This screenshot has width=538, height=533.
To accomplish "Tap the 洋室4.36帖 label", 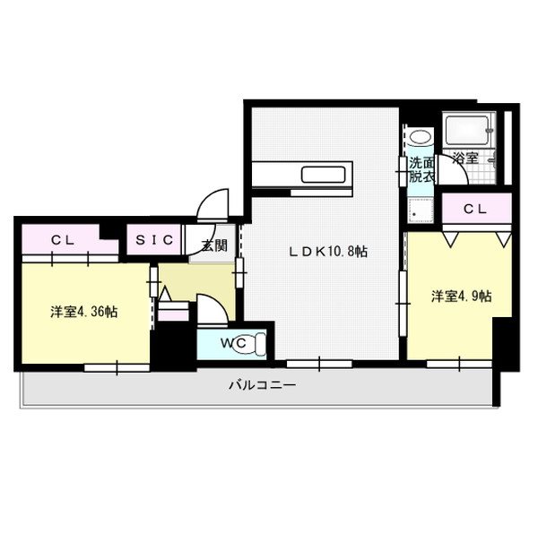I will pyautogui.click(x=83, y=312).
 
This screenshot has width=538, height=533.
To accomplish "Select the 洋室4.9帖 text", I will pyautogui.click(x=460, y=296).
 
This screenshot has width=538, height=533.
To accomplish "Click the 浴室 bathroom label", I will pyautogui.click(x=464, y=159).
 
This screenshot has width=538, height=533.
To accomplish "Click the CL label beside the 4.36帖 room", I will pyautogui.click(x=62, y=240).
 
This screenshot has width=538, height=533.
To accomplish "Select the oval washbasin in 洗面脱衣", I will pyautogui.click(x=421, y=137).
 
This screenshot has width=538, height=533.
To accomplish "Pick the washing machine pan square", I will pyautogui.click(x=421, y=209).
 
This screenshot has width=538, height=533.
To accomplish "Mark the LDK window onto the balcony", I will pyautogui.click(x=319, y=364).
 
